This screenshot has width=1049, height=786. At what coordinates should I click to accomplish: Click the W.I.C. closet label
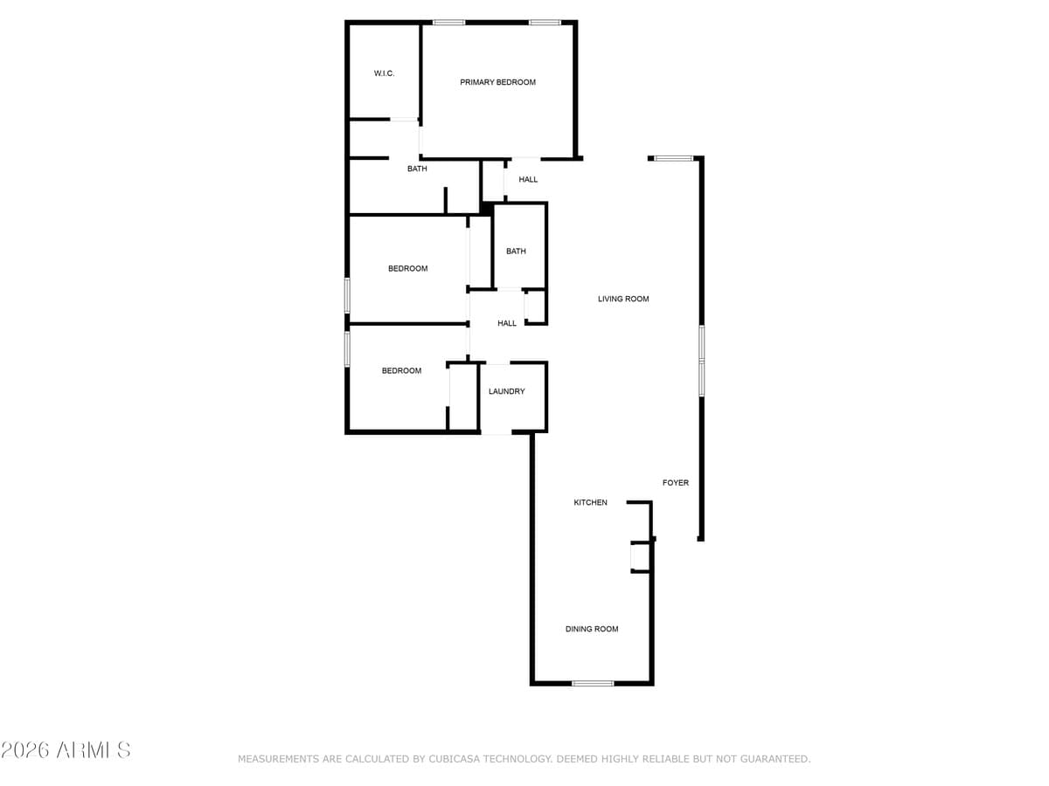coord(384,73)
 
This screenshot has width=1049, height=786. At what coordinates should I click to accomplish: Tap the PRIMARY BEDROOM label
coord(497,82)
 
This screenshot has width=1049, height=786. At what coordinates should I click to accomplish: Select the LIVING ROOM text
coord(623,299)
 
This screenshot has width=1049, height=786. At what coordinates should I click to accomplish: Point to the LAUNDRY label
coord(506,391)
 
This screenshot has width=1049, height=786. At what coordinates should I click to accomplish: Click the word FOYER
coord(675,483)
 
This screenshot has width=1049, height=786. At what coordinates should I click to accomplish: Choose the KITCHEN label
coord(590,502)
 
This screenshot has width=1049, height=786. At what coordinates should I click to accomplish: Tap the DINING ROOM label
coord(591,629)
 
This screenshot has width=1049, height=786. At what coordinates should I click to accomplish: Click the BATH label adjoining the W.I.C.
coord(417,169)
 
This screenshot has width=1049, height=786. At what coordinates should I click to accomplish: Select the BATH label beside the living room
coord(516,252)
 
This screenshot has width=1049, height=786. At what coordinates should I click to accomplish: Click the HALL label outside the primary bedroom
coord(528,180)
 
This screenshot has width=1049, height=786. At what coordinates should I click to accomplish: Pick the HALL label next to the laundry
coord(507,323)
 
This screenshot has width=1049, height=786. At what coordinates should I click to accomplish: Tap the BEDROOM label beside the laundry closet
coord(401,371)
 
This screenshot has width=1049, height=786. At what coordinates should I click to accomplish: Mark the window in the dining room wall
coord(593,683)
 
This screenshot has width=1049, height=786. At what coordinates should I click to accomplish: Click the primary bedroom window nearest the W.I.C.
coord(448,23)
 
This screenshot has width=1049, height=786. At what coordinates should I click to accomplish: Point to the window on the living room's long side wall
coord(701,361)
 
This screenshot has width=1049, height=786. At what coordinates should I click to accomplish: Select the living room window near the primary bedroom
coord(673,158)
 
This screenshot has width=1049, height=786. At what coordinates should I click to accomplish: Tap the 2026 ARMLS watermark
coord(66,749)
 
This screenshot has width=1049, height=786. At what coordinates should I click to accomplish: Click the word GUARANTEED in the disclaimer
coord(768,759)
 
